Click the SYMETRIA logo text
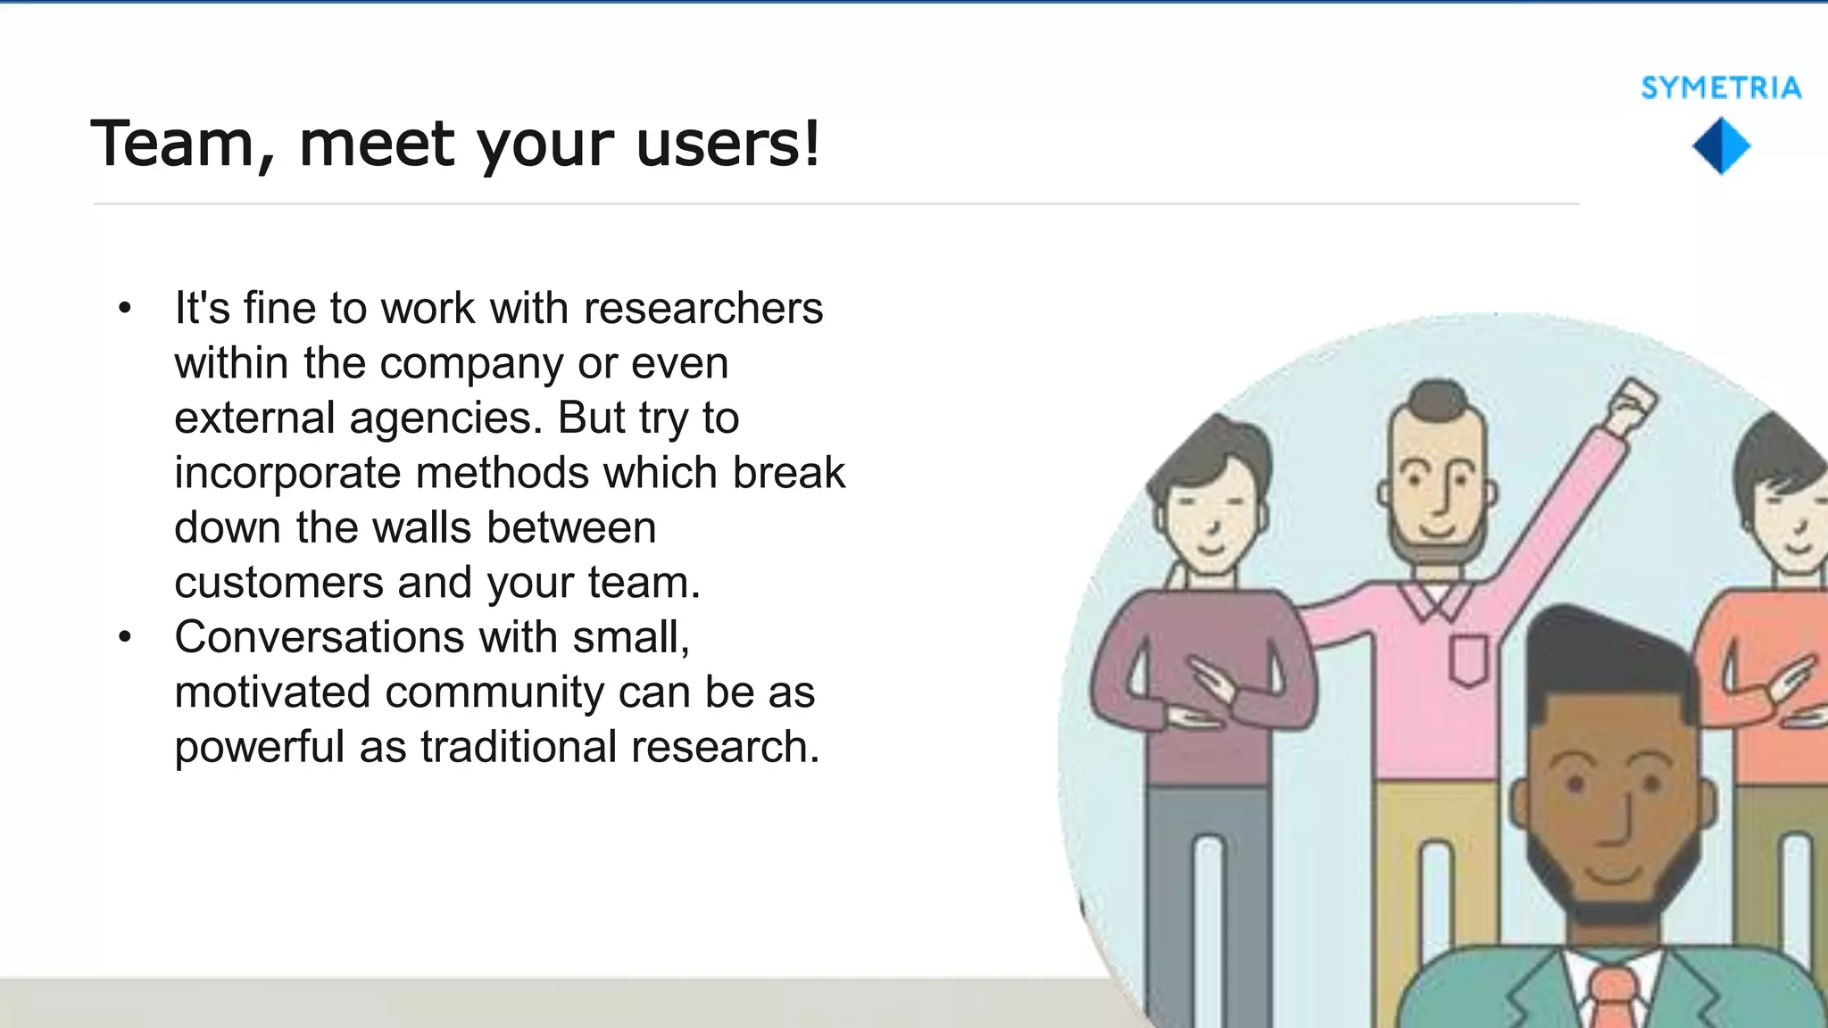(1721, 87)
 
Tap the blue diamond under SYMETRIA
(1721, 147)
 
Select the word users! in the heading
(727, 144)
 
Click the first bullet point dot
(125, 309)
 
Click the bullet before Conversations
(125, 638)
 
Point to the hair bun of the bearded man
(1438, 397)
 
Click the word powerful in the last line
(259, 748)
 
